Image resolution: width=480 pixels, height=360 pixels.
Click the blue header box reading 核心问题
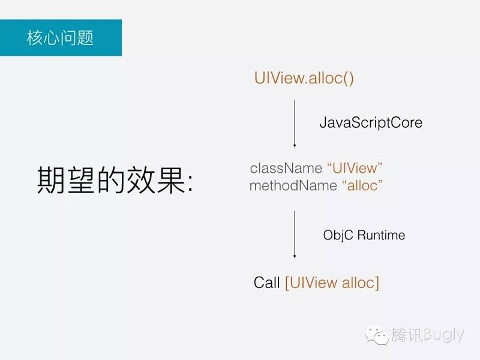61,38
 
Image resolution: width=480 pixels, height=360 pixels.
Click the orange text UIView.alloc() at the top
304,78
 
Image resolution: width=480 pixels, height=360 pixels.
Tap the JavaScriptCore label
371,122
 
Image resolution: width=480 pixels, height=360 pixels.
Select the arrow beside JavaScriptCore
294,123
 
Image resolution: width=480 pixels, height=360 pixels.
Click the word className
286,168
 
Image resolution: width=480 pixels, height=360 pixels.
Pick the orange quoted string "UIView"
355,168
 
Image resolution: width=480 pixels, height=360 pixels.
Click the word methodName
293,185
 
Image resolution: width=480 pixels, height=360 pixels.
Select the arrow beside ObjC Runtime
294,234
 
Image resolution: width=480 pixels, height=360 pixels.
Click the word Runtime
380,235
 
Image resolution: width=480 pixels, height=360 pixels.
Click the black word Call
266,283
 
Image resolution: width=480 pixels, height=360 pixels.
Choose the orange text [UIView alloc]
332,283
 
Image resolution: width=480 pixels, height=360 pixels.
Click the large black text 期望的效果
108,179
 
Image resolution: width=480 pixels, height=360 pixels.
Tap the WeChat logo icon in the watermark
378,335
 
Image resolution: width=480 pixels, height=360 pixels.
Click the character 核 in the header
35,38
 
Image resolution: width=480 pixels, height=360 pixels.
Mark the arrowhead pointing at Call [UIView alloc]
294,256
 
